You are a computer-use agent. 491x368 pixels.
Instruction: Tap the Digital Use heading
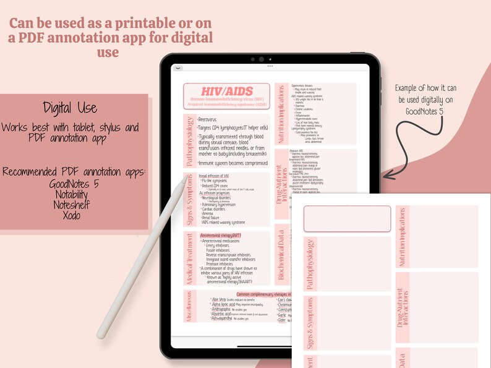pyautogui.click(x=70, y=108)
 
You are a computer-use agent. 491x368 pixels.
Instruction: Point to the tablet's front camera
pyautogui.click(x=262, y=59)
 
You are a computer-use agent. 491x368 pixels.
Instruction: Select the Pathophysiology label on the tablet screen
pyautogui.click(x=189, y=141)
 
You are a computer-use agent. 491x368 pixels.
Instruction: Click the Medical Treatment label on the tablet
pyautogui.click(x=189, y=259)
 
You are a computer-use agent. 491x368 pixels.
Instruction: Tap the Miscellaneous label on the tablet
pyautogui.click(x=189, y=306)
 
